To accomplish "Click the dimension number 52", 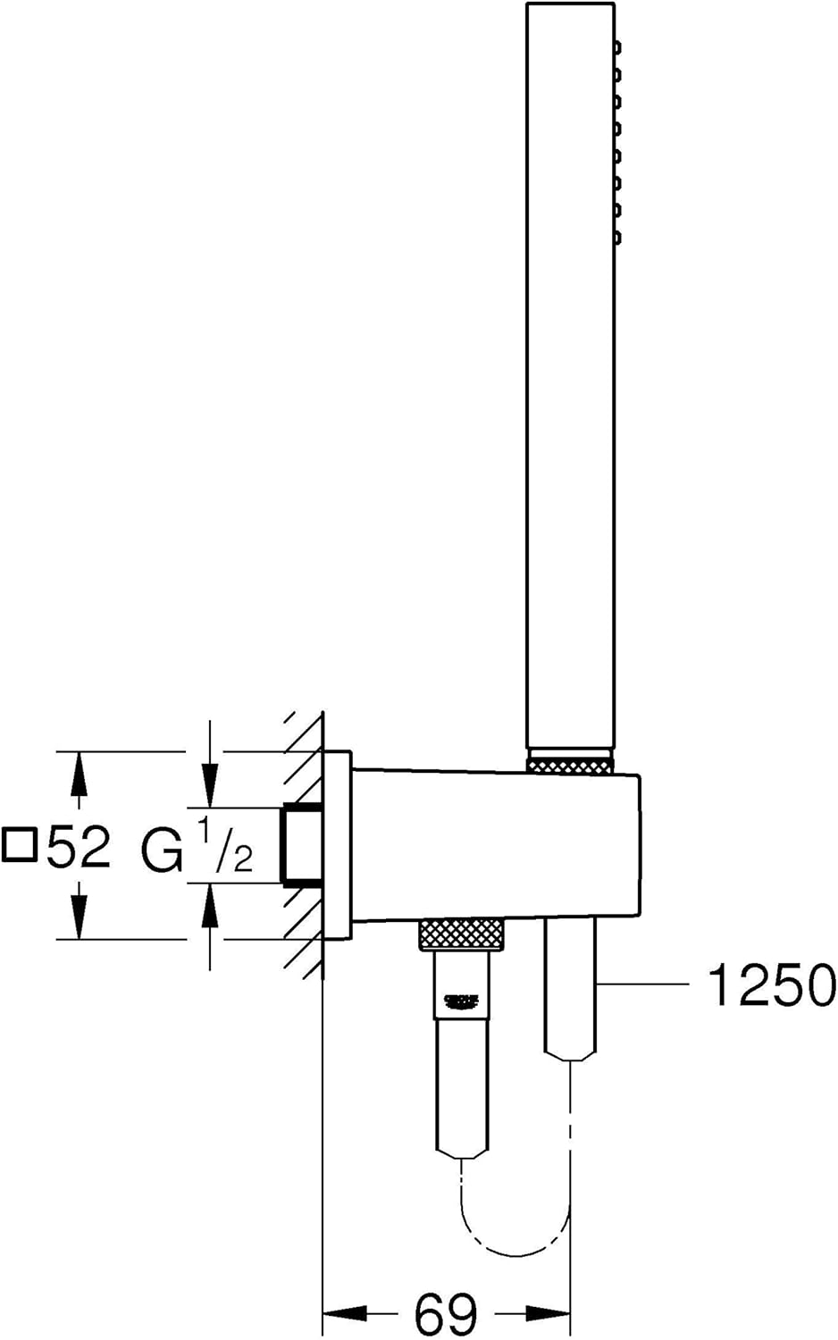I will [79, 846].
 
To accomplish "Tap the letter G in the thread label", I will [161, 850].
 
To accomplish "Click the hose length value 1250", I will [771, 985].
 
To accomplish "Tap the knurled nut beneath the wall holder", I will [462, 934].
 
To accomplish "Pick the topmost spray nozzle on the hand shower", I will [617, 46].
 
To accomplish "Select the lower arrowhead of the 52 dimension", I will [79, 920].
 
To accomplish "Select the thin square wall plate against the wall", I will [338, 845].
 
